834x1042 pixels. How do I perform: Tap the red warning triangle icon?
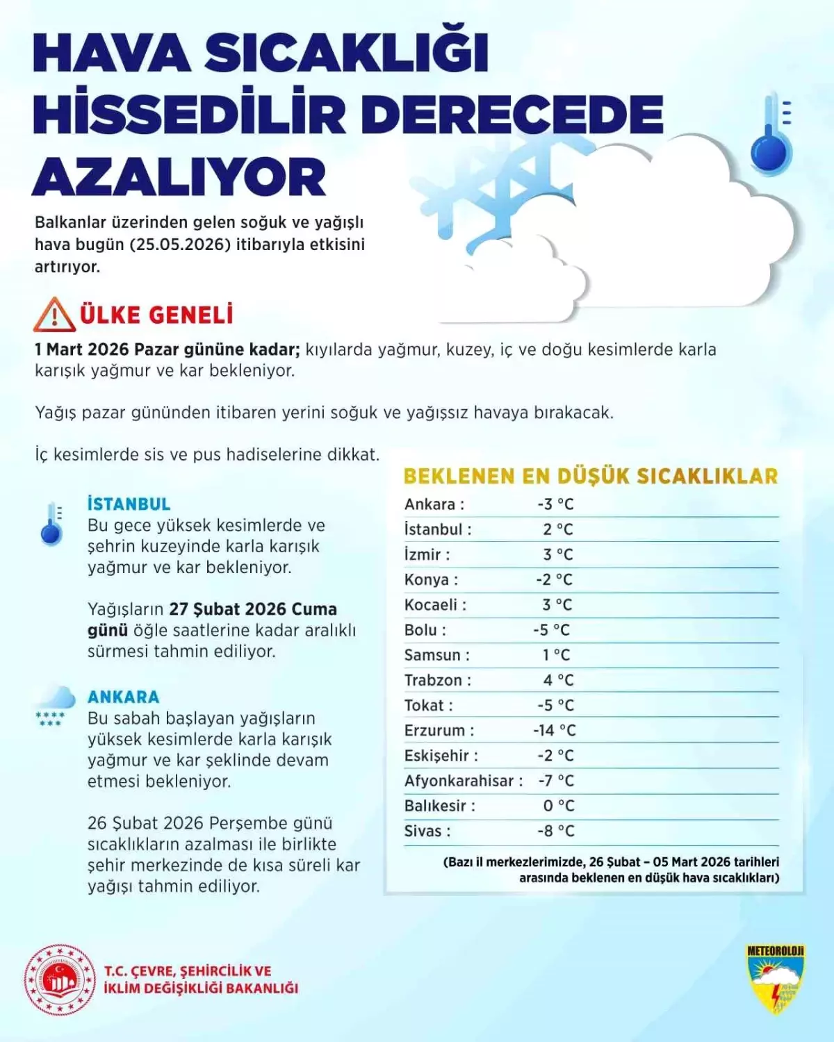click(x=54, y=315)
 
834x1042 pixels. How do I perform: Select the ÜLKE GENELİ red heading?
click(x=156, y=315)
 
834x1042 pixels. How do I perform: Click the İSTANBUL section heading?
click(x=129, y=504)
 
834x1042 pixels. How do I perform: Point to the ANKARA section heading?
click(x=123, y=697)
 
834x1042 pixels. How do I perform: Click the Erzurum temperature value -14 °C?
click(x=554, y=730)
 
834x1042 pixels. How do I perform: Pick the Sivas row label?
click(x=427, y=831)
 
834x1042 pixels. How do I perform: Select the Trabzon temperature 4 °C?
click(x=558, y=680)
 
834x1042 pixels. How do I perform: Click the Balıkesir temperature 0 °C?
click(x=559, y=806)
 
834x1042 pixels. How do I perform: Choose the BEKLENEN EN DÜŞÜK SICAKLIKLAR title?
click(x=591, y=476)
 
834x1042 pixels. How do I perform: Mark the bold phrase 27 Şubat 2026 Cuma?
click(x=253, y=609)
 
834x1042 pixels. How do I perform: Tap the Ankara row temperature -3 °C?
click(x=555, y=504)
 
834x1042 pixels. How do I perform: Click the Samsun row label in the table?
click(x=436, y=655)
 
